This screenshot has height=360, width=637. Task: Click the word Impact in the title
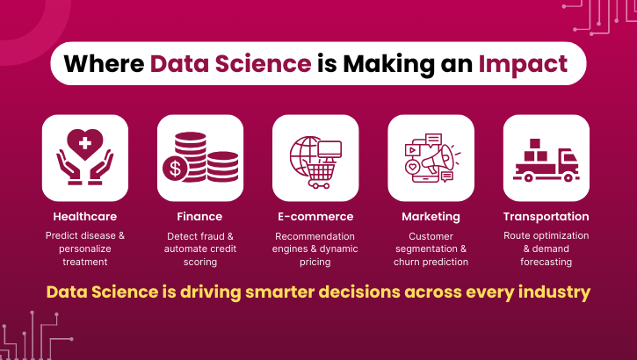[x=523, y=64]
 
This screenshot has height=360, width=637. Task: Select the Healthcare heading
[x=85, y=216]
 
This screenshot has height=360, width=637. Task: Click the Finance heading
[x=199, y=216]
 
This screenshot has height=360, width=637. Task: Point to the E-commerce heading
[x=315, y=216]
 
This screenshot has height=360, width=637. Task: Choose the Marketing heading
[x=431, y=216]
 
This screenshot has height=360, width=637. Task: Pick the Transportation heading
[x=546, y=216]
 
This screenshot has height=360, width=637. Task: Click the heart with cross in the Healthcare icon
[x=85, y=140]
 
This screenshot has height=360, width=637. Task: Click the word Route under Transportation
[x=518, y=236]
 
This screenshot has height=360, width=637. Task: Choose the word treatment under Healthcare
[x=85, y=262]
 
